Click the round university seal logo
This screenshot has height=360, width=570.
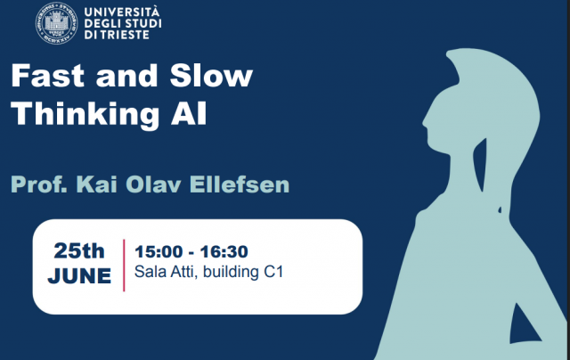tap(56, 23)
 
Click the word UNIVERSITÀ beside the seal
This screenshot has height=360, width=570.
tap(122, 12)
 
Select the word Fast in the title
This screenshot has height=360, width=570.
tap(47, 76)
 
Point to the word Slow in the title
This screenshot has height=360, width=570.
tap(211, 76)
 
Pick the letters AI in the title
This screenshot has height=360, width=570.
tap(189, 113)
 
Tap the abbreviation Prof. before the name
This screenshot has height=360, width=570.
tap(39, 184)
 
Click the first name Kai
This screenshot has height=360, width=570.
tap(96, 184)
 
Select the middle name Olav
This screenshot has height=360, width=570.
tap(153, 184)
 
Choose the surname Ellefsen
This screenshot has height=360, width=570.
tap(240, 184)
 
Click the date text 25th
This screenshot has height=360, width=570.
tap(79, 251)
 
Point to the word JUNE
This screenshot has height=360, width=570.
tap(79, 275)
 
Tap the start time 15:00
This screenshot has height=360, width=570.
tap(159, 251)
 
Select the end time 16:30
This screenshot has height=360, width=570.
tap(224, 251)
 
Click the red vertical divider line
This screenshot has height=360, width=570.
tap(124, 265)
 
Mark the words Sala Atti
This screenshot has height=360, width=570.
tap(164, 272)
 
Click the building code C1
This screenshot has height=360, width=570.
tap(273, 272)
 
